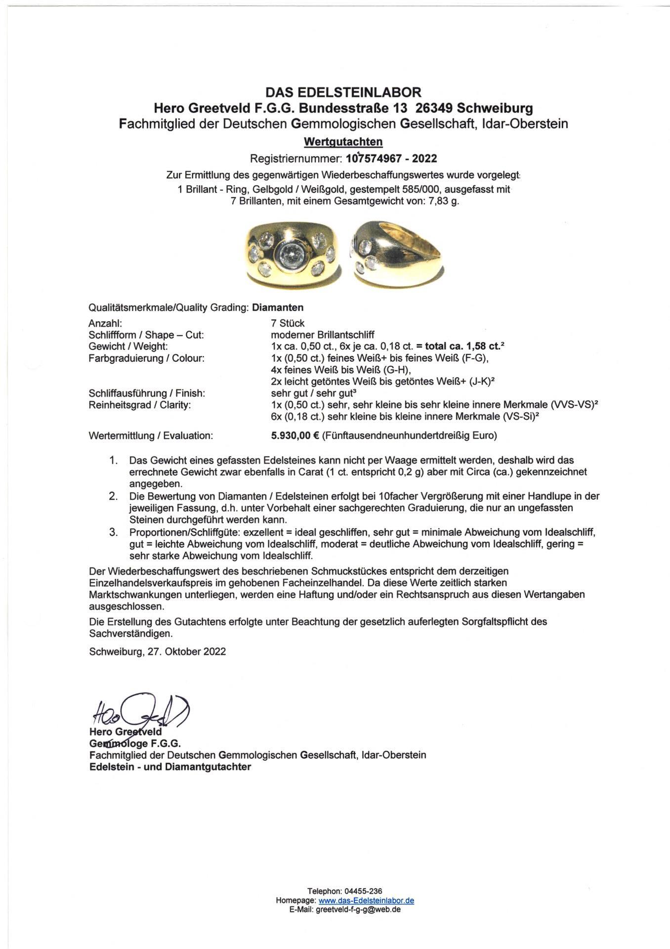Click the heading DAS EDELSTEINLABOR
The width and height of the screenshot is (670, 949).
(x=343, y=92)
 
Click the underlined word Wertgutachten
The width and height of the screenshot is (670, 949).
(x=343, y=142)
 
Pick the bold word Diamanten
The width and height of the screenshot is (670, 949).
(x=278, y=307)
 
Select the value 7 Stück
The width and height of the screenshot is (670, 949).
(x=285, y=323)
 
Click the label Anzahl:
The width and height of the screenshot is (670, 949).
(x=102, y=323)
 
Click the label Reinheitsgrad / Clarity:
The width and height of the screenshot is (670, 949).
(x=139, y=405)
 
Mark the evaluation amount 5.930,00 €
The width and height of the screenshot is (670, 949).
(x=293, y=435)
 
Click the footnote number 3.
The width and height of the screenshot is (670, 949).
(x=114, y=532)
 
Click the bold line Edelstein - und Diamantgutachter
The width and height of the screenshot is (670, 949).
(x=170, y=767)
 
